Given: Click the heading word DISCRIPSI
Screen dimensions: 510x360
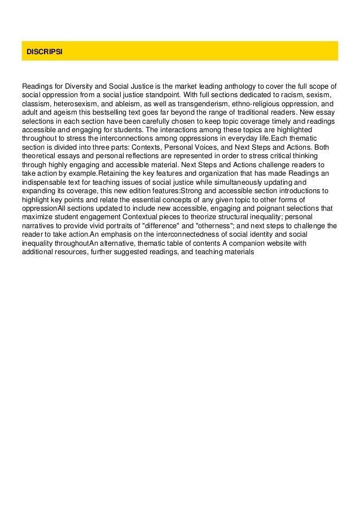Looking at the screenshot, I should coord(45,51).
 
